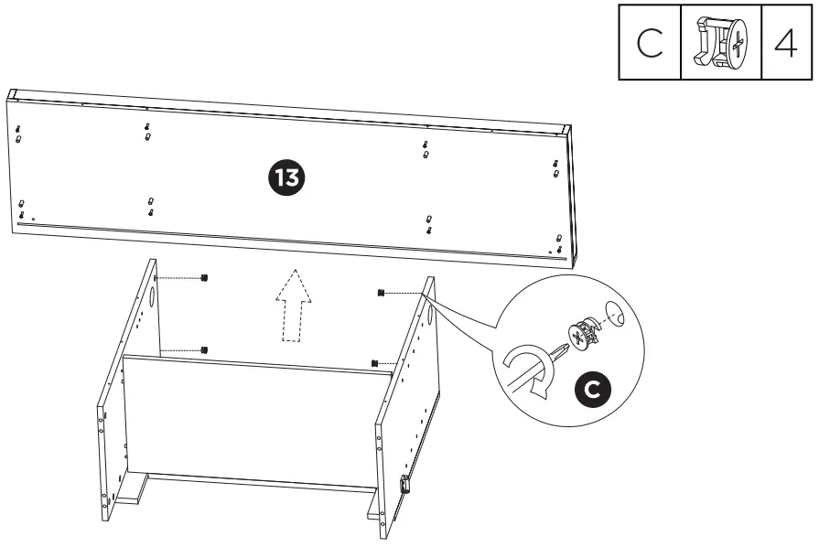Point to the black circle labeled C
tap(592, 390)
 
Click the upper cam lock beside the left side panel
tap(204, 278)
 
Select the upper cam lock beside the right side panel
tap(379, 293)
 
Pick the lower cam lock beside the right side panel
tap(375, 363)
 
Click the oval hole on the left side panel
tap(150, 299)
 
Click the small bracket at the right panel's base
tap(404, 484)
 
